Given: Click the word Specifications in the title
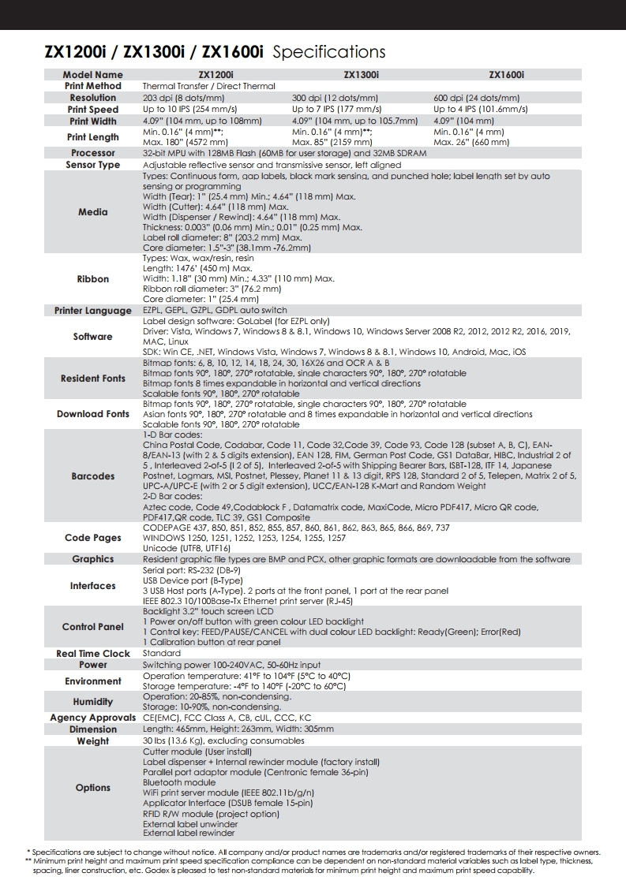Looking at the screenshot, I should point(328,53).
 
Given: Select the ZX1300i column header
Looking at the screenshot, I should point(361,75).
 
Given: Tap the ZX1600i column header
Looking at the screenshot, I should point(506,75).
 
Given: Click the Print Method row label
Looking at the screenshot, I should point(93,86).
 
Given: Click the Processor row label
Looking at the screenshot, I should point(93,153).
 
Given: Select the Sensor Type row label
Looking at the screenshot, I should point(93,165).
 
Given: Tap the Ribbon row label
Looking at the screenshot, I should point(93,279).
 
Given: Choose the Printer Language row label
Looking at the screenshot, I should point(93,311).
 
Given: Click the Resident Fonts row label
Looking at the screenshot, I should point(93,379).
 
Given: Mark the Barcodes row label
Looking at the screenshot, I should point(93,476).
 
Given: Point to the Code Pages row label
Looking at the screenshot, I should point(93,538).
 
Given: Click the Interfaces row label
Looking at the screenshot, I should point(93,586).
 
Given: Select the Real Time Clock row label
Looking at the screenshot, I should point(93,654).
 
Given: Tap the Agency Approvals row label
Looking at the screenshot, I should point(93,718).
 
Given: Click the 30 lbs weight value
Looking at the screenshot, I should point(223,741).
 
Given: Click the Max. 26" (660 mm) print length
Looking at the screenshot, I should point(471,142).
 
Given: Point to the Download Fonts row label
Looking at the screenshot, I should point(93,414).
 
